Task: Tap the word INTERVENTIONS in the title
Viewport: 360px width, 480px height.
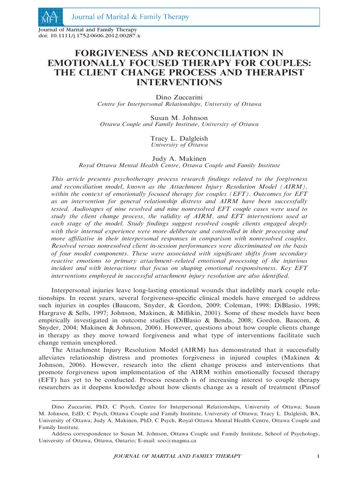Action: click(x=180, y=82)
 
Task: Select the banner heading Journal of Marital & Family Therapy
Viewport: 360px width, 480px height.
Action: click(x=131, y=17)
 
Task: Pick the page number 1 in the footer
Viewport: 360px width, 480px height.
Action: click(x=318, y=456)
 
